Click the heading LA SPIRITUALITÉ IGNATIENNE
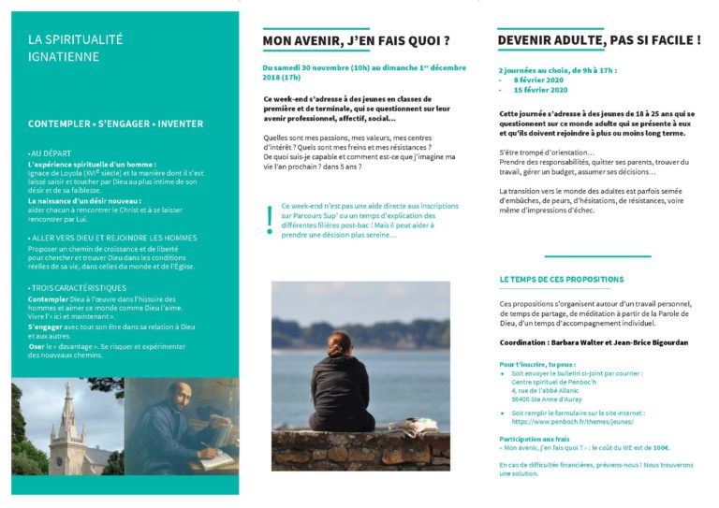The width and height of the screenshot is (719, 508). pos(75,48)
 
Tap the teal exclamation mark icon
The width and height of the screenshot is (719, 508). pos(270,218)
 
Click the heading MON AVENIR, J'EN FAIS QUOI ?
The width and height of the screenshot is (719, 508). pos(356,41)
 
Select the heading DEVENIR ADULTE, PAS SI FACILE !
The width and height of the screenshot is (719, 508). pos(599,40)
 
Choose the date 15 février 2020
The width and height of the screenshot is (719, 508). pos(542,90)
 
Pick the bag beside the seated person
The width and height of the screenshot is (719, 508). pos(416,427)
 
